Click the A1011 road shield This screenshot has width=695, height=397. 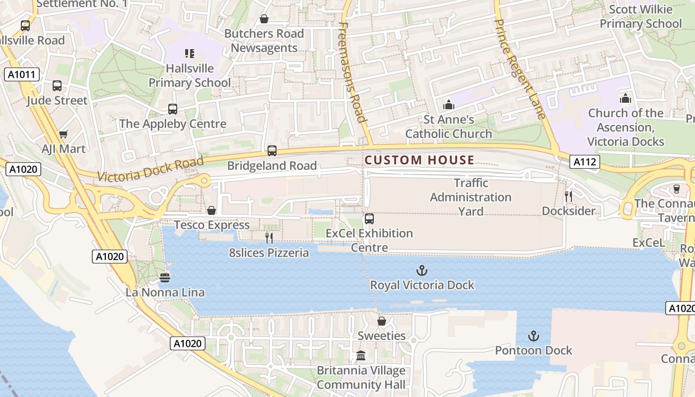(x=21, y=75)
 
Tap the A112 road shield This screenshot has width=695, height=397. (x=584, y=161)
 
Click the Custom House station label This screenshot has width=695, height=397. (x=419, y=160)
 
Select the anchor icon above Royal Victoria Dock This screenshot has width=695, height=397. (x=421, y=270)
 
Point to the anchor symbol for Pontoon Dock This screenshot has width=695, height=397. (x=533, y=336)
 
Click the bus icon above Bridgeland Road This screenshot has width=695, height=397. (x=272, y=151)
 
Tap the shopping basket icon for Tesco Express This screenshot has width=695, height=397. (x=211, y=210)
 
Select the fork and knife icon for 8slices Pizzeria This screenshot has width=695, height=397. (x=269, y=238)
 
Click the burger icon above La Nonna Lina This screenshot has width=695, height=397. (x=165, y=278)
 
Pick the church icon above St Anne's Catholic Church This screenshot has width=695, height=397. (x=449, y=105)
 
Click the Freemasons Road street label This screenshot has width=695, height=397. (x=353, y=72)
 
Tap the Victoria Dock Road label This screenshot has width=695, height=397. (x=150, y=169)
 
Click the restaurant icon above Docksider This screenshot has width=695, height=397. (x=568, y=197)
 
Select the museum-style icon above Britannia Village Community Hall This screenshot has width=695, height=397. (x=361, y=356)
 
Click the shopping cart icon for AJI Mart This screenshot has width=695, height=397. (x=63, y=134)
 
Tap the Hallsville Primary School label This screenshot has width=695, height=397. (x=190, y=75)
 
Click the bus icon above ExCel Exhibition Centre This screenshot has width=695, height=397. (x=369, y=218)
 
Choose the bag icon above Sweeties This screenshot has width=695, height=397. (x=381, y=322)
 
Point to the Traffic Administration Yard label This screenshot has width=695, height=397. (x=470, y=197)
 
